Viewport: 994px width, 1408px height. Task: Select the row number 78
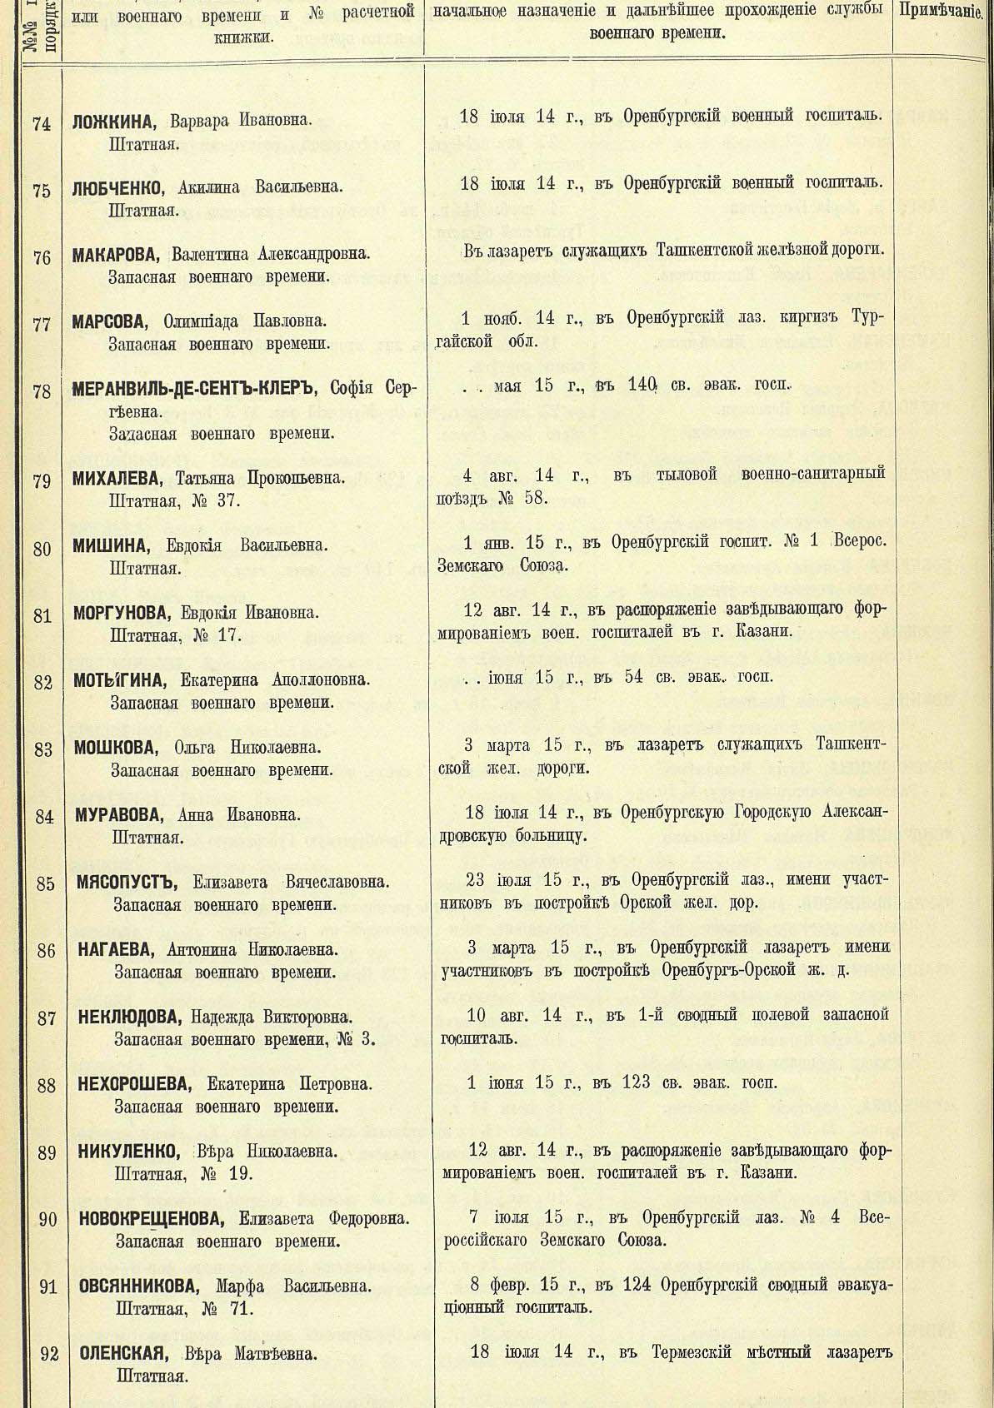click(x=42, y=391)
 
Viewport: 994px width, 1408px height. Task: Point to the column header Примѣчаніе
click(x=942, y=12)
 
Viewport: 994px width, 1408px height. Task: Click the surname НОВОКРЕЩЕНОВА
click(x=152, y=1219)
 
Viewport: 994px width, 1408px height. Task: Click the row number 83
click(x=44, y=749)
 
